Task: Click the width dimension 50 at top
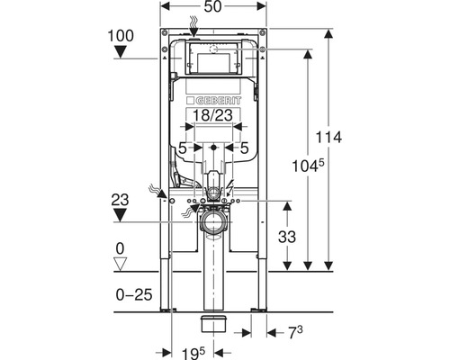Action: [x=212, y=7]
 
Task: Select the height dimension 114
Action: [x=328, y=138]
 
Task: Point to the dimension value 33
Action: [x=287, y=237]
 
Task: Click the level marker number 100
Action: [x=121, y=36]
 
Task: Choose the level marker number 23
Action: [x=120, y=200]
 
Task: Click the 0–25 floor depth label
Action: [x=134, y=295]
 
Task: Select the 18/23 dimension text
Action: [x=212, y=115]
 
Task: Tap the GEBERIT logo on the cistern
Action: [x=214, y=101]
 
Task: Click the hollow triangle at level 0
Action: [x=121, y=264]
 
